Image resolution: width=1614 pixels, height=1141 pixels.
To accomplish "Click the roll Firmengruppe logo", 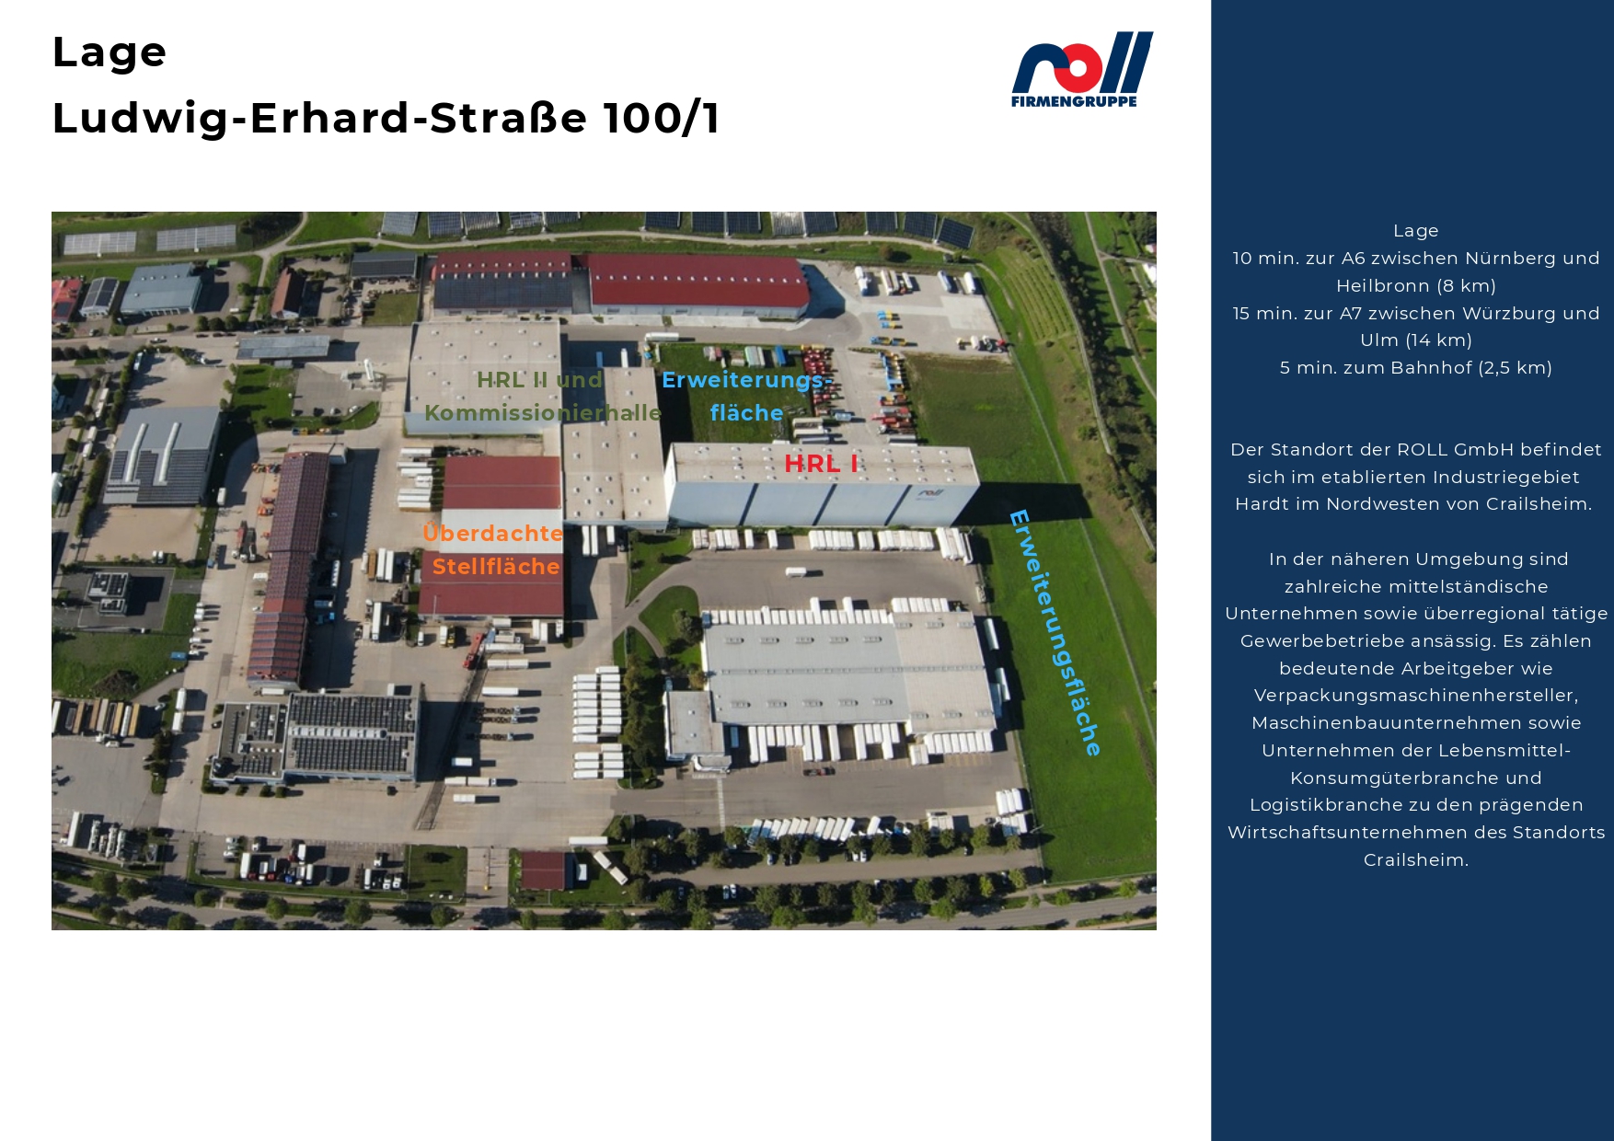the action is tap(1082, 70).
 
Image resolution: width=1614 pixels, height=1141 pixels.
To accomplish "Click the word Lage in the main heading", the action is tap(110, 52).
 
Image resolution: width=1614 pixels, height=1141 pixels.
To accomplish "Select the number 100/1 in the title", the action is tap(662, 118).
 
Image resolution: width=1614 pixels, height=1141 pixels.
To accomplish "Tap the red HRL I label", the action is tap(821, 464).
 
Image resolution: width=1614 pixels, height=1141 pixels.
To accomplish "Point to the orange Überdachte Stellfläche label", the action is tap(493, 549).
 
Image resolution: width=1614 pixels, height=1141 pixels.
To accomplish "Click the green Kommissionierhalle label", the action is tap(543, 413).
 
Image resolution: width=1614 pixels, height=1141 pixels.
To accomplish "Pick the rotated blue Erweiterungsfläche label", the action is tap(1055, 633).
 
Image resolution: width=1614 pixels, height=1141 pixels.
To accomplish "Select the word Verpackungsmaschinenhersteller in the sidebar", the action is tap(1416, 696).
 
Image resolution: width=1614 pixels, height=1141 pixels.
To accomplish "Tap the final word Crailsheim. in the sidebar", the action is tap(1416, 860).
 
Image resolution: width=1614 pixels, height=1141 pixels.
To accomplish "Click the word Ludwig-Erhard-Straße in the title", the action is tap(320, 119).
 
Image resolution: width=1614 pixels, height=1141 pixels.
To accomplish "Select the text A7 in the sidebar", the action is tap(1351, 314).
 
